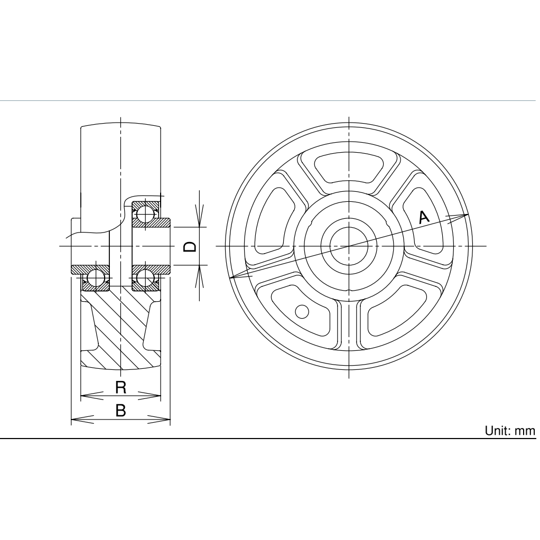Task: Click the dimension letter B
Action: (120, 411)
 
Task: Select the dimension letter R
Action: (120, 387)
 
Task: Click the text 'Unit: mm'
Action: (510, 431)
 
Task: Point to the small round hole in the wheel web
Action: (301, 312)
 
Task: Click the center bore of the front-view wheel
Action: (349, 246)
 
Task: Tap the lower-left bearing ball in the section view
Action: (95, 278)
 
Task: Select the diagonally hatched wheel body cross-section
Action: (120, 333)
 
